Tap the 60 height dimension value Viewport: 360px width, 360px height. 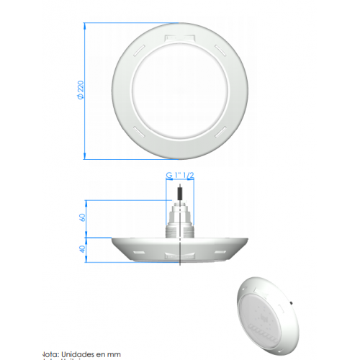(x=83, y=216)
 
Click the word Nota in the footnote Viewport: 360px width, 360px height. (x=50, y=354)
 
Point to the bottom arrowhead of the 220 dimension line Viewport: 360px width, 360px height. (x=85, y=157)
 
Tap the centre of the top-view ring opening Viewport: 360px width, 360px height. (x=179, y=89)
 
